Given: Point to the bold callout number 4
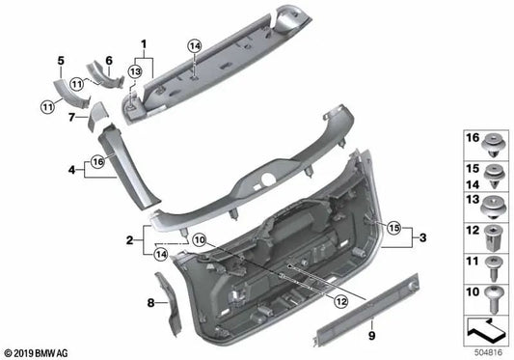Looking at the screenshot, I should tap(69, 170).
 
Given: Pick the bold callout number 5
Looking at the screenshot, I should tap(61, 60).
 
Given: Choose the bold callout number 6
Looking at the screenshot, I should tap(108, 60).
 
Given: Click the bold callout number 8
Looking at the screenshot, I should tap(149, 303).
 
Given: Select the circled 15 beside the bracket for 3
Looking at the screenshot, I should tap(393, 228).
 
